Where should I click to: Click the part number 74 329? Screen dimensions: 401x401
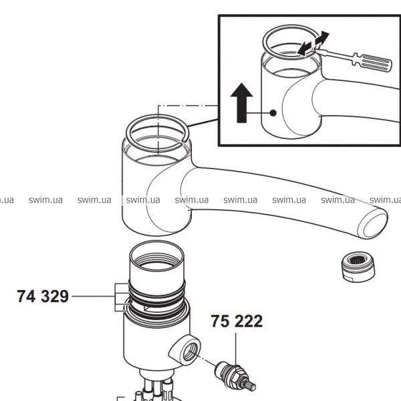click(42, 297)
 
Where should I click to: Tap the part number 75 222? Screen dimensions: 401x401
click(237, 321)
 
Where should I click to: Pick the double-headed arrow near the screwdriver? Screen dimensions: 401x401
click(313, 44)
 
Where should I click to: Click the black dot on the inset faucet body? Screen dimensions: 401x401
click(273, 113)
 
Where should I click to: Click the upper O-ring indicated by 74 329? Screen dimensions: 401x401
click(155, 290)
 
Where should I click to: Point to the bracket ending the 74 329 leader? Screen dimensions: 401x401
click(118, 297)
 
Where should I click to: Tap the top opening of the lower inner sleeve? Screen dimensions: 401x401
click(154, 255)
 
